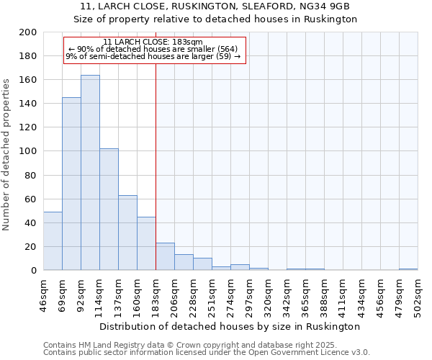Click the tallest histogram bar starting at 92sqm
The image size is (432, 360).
click(90, 173)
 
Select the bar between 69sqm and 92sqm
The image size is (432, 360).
click(71, 184)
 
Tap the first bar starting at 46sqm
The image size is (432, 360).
click(53, 241)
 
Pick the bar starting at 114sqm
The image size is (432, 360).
click(109, 209)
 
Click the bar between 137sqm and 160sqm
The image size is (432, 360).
click(127, 233)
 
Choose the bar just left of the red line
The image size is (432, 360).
click(146, 243)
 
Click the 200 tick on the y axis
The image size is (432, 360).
click(28, 32)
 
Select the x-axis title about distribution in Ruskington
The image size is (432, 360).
click(230, 326)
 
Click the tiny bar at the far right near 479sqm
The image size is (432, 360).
click(408, 269)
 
